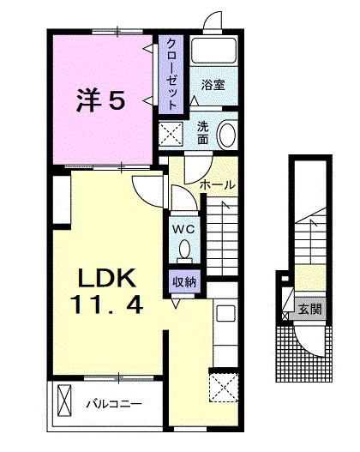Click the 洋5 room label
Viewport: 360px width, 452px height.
pos(102,101)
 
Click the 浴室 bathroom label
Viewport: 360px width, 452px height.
pos(213,85)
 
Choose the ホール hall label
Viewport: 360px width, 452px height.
pos(217,184)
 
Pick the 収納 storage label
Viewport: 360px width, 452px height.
pos(184,281)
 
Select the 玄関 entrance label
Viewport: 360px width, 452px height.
pos(309,308)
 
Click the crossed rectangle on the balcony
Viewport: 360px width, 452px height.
pos(65,401)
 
